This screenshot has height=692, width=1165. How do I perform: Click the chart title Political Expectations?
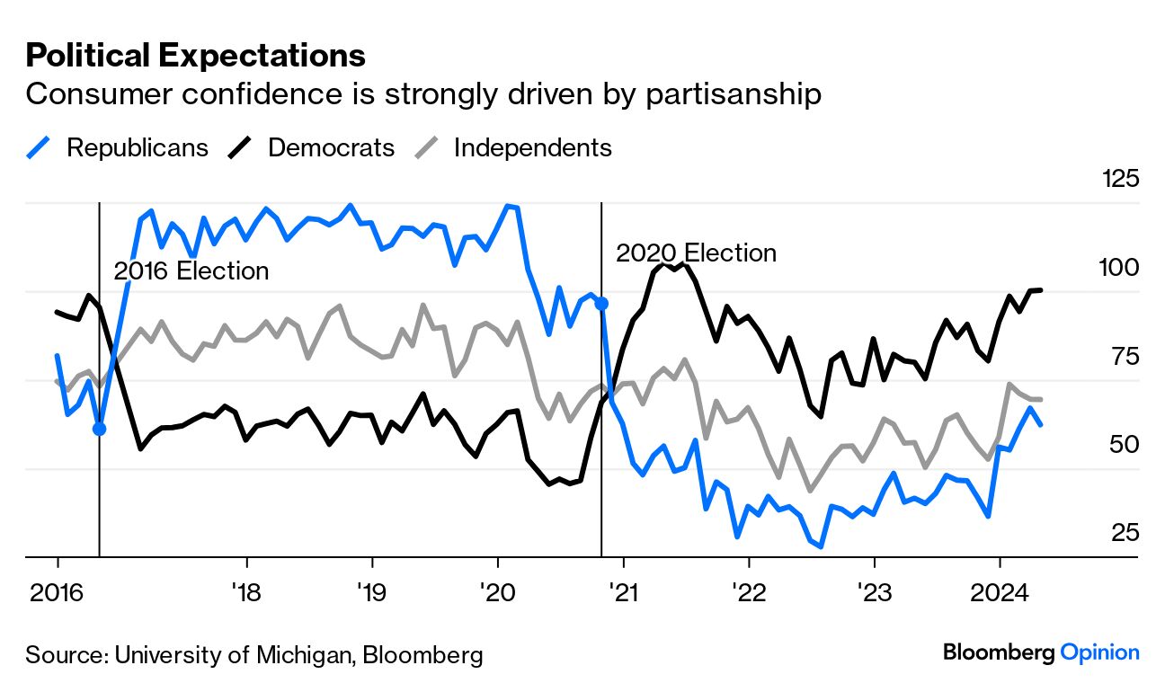coord(195,56)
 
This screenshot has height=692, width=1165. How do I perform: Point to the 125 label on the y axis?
coord(1120,178)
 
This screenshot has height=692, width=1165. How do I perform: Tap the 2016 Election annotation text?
coord(191,271)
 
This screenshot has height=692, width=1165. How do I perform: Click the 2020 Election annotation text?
coord(696,253)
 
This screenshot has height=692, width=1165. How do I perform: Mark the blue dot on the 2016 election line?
coord(99,429)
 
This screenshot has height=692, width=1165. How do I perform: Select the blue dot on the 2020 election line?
coord(601,304)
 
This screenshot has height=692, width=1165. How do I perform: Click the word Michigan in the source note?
coord(301,655)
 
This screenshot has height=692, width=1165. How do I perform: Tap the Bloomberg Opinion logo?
coord(1041,652)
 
